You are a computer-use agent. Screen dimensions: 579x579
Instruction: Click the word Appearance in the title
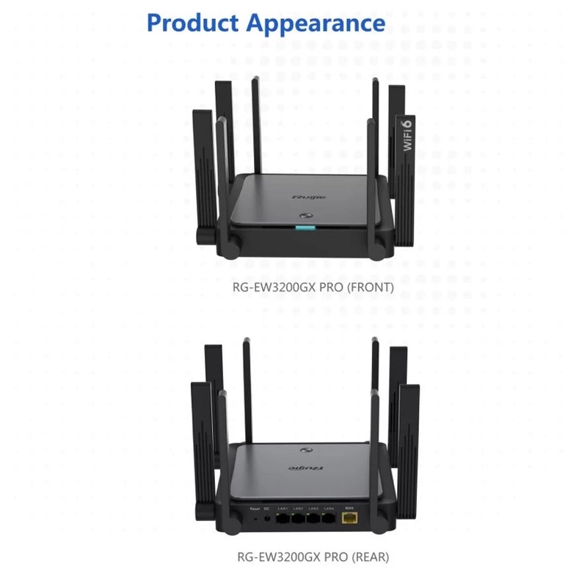(315, 23)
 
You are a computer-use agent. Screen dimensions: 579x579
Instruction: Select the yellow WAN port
(350, 519)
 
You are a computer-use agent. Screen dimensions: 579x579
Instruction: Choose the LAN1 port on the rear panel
(283, 519)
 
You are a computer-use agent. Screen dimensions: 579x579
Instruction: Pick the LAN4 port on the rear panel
(329, 519)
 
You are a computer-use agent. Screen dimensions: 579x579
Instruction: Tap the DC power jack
(266, 519)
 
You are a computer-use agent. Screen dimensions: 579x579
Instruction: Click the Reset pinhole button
(255, 519)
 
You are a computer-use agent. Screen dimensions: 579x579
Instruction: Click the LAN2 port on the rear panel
(298, 519)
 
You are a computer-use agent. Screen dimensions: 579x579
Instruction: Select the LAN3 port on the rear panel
(313, 519)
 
